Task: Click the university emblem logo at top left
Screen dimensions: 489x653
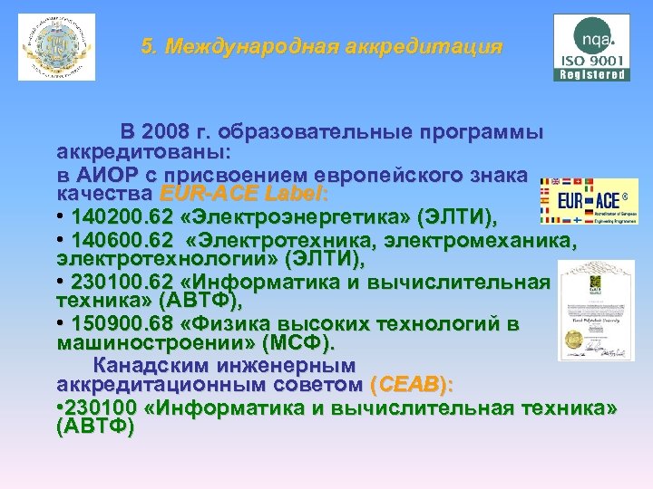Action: click(56, 47)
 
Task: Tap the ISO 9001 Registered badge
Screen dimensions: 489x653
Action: click(591, 48)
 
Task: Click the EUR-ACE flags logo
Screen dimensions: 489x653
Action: click(589, 200)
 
